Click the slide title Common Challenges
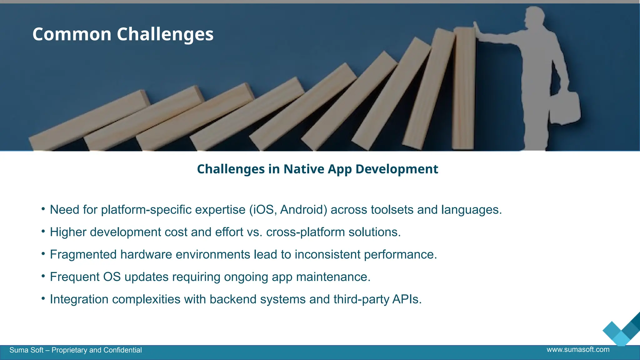point(123,34)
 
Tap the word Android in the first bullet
point(303,210)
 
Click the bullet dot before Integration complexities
point(43,298)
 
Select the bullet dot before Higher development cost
point(43,231)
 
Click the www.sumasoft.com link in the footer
point(578,349)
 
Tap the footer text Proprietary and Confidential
point(97,350)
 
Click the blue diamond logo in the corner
point(621,332)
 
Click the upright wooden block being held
point(464,91)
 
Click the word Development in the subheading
point(397,169)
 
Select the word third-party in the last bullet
point(361,299)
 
